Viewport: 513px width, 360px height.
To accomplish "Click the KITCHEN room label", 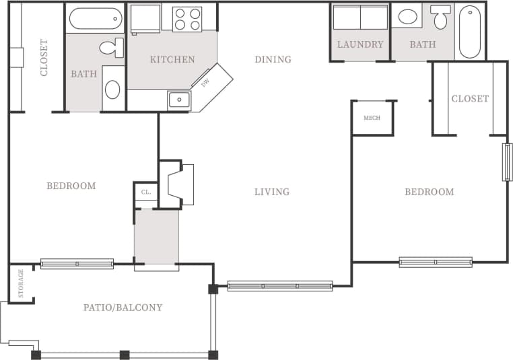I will (172, 59).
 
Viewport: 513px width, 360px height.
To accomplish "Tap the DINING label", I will (273, 59).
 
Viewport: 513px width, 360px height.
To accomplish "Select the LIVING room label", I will (272, 192).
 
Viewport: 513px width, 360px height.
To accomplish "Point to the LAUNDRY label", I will (360, 44).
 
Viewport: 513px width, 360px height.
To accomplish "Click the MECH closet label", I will (372, 118).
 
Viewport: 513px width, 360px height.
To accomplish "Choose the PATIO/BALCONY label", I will (123, 308).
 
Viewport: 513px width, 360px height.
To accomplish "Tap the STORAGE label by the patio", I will (21, 283).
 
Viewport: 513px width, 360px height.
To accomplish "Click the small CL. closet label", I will (145, 192).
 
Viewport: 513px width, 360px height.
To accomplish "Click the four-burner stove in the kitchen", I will (188, 19).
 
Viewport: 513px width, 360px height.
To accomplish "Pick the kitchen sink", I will (179, 100).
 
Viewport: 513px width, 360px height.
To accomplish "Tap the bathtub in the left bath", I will (95, 18).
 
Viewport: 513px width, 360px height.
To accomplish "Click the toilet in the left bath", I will (112, 48).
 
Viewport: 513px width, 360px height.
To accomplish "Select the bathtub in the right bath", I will (470, 31).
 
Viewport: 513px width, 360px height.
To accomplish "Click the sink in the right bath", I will (408, 17).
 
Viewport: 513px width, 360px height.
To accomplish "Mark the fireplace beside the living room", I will (181, 184).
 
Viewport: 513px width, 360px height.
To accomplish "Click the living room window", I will (280, 286).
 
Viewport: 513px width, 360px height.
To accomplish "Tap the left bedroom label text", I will (71, 186).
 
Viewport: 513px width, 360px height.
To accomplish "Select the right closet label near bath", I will (470, 99).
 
